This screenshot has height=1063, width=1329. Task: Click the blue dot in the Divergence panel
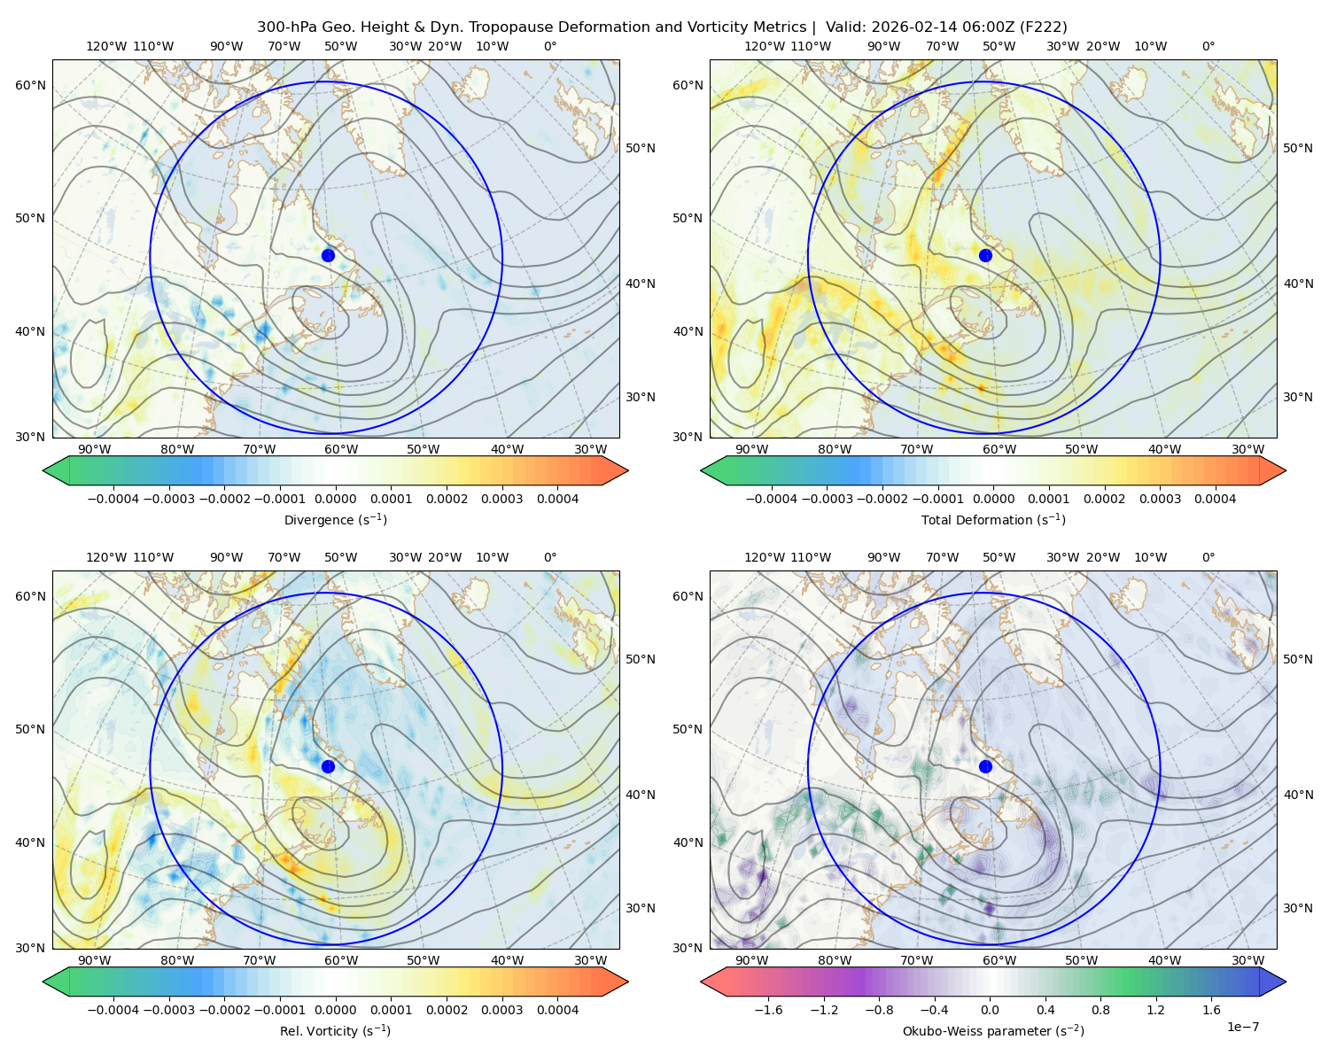click(x=328, y=255)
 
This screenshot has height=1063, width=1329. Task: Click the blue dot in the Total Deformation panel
click(x=985, y=255)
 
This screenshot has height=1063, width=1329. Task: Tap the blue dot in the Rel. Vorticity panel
click(x=328, y=766)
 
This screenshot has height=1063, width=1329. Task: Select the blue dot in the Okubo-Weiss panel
click(x=985, y=766)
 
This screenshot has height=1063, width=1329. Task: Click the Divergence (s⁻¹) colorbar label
click(x=336, y=520)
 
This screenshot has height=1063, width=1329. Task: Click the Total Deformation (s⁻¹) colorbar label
click(x=993, y=520)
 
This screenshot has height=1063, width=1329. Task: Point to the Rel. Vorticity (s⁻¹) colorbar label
click(x=336, y=1031)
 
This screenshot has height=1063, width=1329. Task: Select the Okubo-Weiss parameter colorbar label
click(x=993, y=1031)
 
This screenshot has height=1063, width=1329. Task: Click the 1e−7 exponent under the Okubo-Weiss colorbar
click(x=1243, y=1027)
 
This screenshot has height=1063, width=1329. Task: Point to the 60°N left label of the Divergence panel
click(x=31, y=85)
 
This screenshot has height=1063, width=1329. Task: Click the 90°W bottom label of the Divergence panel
click(x=95, y=449)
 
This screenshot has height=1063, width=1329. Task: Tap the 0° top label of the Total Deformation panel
click(x=1209, y=46)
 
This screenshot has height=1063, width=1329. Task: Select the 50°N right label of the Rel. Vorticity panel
click(x=641, y=659)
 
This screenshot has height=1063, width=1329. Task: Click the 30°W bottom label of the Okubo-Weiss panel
click(x=1248, y=960)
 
